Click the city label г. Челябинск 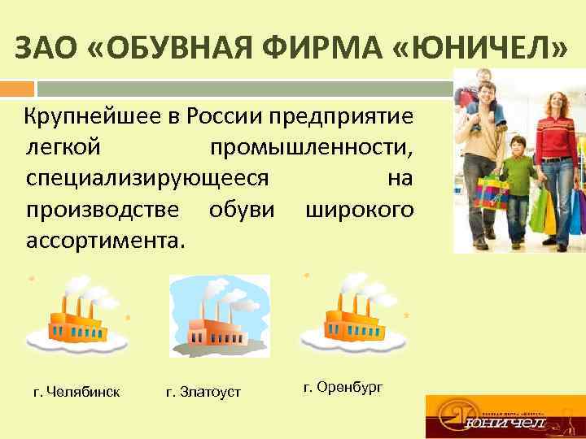tap(77, 392)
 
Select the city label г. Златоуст tap(203, 392)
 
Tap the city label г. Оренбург tap(343, 386)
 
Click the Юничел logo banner tap(505, 416)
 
